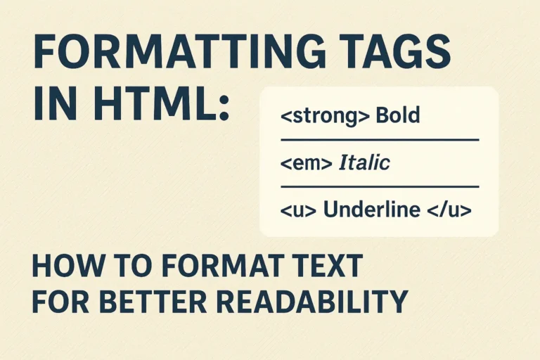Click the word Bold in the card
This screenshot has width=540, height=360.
[398, 115]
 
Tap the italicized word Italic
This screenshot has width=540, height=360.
[364, 163]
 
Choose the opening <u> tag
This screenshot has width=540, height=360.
[297, 210]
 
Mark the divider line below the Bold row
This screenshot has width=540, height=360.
[380, 140]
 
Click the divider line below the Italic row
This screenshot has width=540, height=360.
[380, 186]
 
